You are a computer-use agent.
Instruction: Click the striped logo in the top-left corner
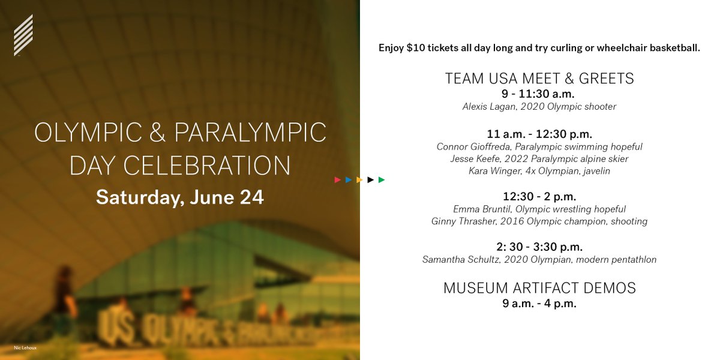[23, 35]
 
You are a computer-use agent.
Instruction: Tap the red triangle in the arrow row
[338, 179]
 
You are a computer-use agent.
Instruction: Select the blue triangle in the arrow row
[349, 179]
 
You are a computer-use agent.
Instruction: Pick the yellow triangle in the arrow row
[359, 179]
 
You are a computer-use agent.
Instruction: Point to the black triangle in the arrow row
[371, 179]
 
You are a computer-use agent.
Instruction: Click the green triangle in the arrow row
[382, 179]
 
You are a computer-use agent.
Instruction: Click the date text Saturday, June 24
[180, 197]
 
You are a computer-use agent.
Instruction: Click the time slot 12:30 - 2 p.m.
[539, 196]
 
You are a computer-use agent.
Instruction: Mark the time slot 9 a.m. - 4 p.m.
[539, 304]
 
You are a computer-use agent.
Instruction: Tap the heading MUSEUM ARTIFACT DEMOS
[539, 288]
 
